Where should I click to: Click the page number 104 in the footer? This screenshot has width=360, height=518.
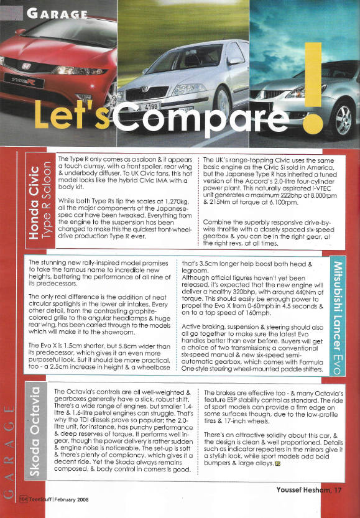[23, 499]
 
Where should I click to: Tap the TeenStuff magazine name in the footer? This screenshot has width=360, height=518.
[42, 499]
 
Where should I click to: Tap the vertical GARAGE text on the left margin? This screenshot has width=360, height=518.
[8, 447]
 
